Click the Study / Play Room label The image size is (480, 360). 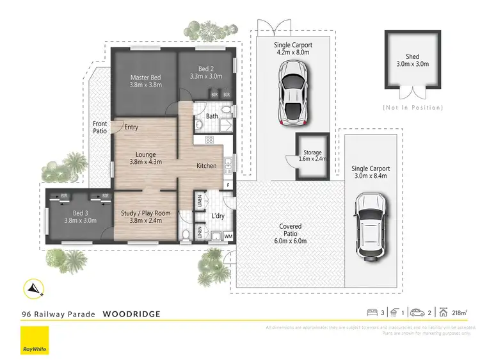(x=145, y=217)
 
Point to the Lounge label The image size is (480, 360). (x=145, y=158)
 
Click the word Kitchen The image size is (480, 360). (x=206, y=166)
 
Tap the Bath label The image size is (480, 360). (x=212, y=117)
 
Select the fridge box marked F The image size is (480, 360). (x=228, y=186)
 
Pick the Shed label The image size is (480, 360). (x=412, y=60)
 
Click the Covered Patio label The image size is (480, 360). (x=291, y=231)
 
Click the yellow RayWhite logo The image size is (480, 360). (x=35, y=340)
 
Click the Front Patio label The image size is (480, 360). (x=100, y=127)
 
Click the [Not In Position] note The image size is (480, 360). (x=412, y=106)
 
